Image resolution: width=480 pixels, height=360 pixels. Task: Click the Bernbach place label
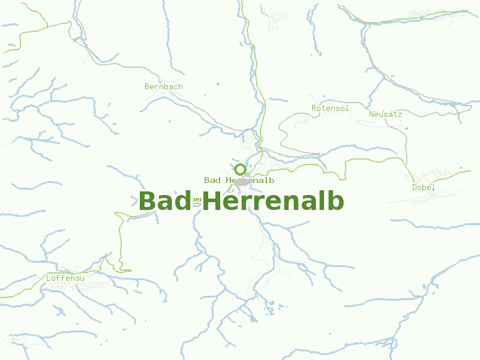164,87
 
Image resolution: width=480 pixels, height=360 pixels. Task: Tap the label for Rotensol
330,109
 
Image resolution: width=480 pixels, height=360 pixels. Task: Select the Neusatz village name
385,114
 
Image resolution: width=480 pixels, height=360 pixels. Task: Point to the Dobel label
424,188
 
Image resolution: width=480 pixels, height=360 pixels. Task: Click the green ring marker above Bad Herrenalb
240,169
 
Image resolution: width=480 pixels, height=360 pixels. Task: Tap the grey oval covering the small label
241,181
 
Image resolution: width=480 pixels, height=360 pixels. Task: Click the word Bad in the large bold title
165,202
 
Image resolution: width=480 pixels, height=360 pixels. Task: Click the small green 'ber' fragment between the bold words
196,200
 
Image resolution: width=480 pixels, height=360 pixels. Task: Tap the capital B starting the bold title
146,202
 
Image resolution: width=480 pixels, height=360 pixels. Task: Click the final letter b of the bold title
336,202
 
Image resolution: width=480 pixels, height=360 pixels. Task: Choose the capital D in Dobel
415,188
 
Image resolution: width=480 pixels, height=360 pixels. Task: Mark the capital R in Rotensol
314,109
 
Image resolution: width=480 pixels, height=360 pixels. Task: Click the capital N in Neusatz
371,114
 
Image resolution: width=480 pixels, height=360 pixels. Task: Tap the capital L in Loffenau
49,278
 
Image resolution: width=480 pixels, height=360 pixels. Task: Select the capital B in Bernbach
147,87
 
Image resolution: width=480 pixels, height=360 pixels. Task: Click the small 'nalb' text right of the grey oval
262,181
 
